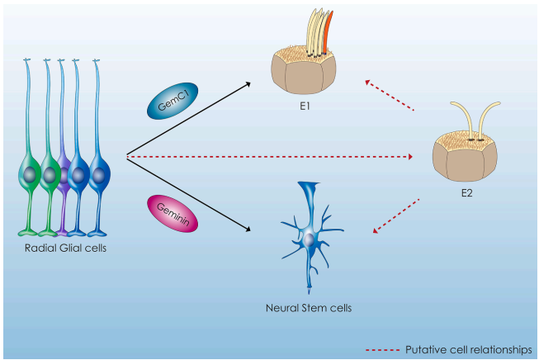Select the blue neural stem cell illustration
point(309,236)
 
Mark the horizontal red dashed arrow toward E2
point(272,155)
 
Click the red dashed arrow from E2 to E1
point(388,95)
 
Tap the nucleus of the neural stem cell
point(308,238)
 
